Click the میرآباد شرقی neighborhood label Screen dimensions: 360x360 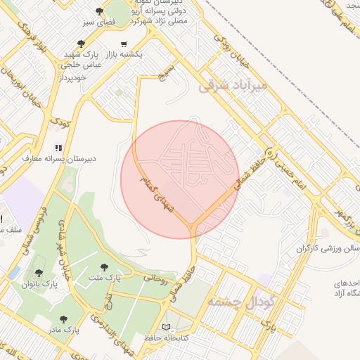233,86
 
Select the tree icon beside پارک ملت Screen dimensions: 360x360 104,267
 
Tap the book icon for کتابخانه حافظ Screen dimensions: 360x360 166,327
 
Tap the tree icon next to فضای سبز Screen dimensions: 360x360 99,12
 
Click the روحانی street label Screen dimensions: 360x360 156,278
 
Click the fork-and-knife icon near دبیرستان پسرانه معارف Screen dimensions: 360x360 59,148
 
